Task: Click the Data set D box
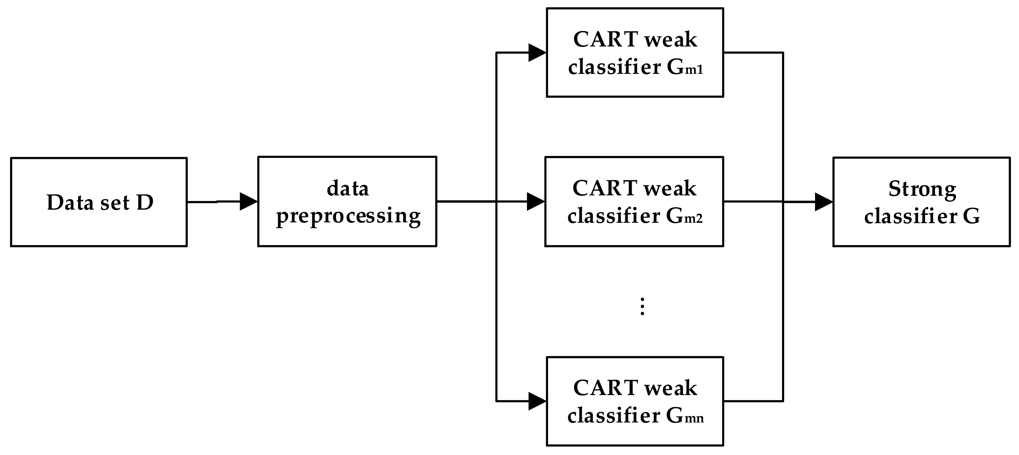[98, 202]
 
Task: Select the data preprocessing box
[347, 202]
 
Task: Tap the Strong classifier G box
[921, 202]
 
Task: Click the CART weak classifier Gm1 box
[635, 52]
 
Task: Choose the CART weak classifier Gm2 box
[634, 202]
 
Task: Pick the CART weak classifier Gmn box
[635, 401]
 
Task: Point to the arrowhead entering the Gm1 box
[537, 52]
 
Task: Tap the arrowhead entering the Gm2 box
[536, 202]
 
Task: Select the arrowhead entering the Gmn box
[537, 401]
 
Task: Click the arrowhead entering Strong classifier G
[823, 202]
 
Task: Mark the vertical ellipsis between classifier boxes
[642, 306]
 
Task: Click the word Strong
[922, 189]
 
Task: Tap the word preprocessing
[348, 216]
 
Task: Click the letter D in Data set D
[145, 202]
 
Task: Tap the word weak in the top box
[670, 40]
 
